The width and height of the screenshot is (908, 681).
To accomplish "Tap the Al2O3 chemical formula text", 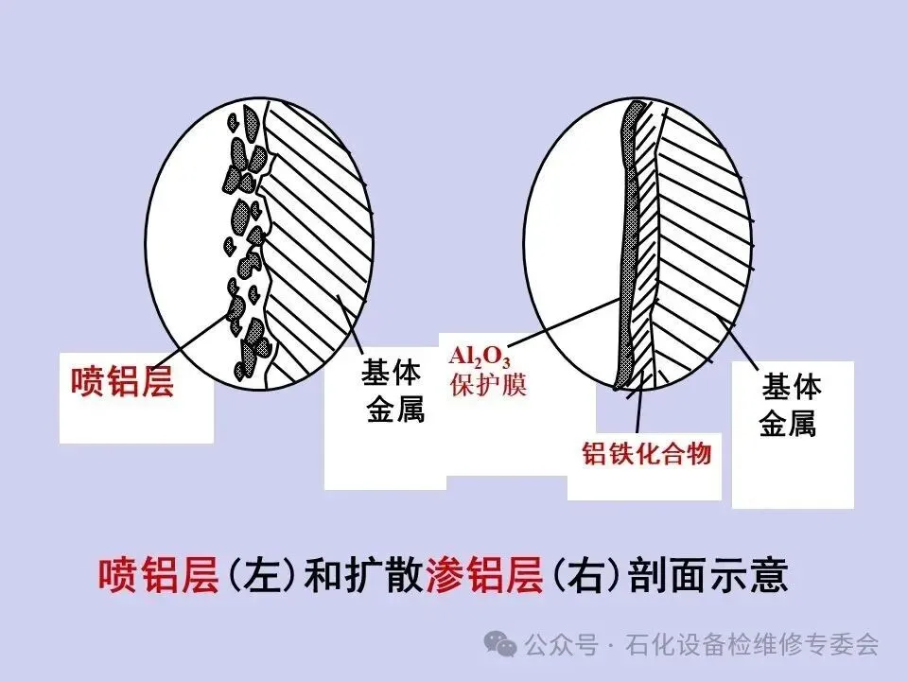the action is (482, 358).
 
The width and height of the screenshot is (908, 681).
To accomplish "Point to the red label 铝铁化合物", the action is (646, 454).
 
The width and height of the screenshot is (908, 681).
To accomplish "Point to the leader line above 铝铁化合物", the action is (641, 407).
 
